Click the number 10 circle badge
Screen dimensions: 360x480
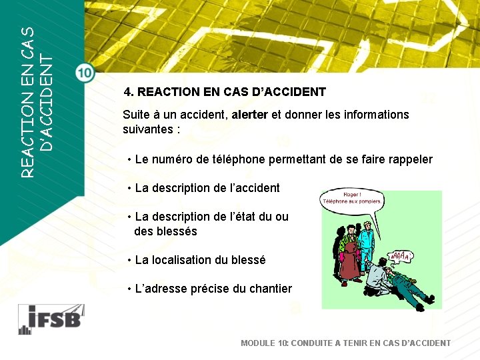pyautogui.click(x=85, y=73)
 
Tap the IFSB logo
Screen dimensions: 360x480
pyautogui.click(x=50, y=319)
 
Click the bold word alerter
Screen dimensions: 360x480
pyautogui.click(x=249, y=115)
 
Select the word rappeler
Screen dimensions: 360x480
pyautogui.click(x=408, y=159)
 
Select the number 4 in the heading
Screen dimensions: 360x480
pyautogui.click(x=127, y=92)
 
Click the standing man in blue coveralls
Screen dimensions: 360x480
pyautogui.click(x=366, y=240)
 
